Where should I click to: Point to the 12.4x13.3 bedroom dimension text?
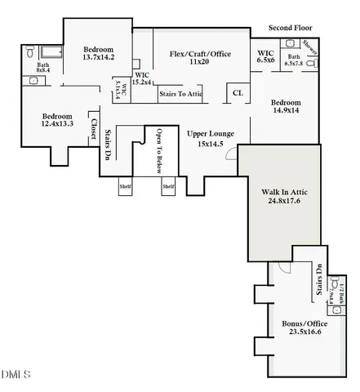[58, 124]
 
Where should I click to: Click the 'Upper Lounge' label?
[211, 133]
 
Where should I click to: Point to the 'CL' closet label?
[238, 93]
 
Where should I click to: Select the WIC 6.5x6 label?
[264, 56]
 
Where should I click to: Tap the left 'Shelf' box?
[125, 186]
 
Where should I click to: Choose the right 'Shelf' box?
[167, 186]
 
